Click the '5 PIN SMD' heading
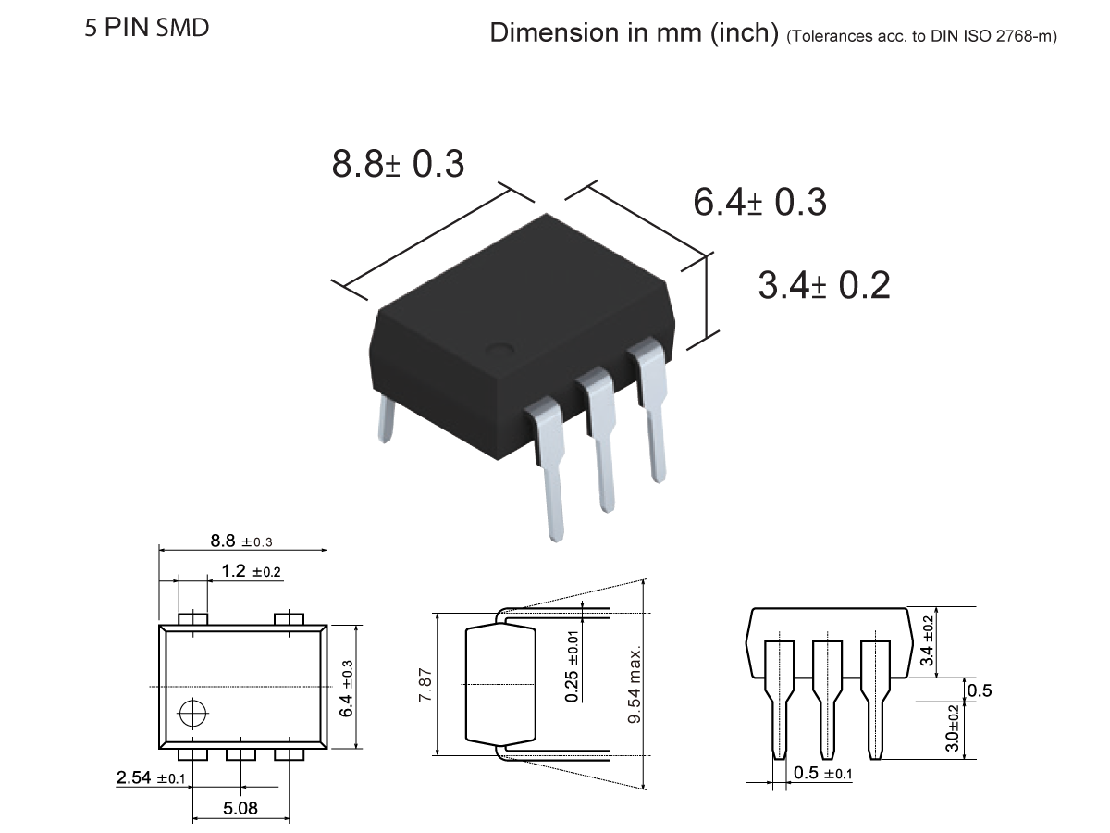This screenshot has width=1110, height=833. (147, 28)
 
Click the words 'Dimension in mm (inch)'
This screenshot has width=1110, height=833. (634, 33)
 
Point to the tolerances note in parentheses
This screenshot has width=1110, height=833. (921, 36)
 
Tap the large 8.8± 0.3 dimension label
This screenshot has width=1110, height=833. (398, 164)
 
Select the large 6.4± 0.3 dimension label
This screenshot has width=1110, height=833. (759, 202)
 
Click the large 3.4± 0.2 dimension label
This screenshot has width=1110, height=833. (823, 285)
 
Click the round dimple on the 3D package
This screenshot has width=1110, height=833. (501, 350)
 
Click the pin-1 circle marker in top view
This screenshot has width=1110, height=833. (193, 713)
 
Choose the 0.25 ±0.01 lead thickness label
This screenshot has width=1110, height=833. (573, 666)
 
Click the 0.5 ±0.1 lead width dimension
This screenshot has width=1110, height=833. (822, 773)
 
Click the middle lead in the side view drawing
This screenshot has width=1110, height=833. (825, 703)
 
